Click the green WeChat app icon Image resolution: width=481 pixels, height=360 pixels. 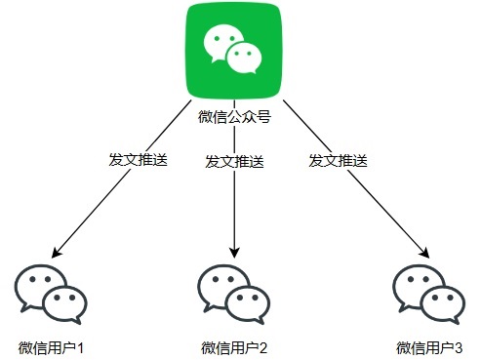pyautogui.click(x=234, y=51)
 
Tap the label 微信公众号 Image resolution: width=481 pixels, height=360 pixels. pyautogui.click(x=234, y=117)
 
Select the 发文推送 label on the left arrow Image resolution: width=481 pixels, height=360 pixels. pyautogui.click(x=139, y=160)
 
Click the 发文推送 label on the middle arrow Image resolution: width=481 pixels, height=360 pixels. pyautogui.click(x=234, y=162)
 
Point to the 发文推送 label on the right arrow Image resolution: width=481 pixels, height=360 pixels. pyautogui.click(x=339, y=161)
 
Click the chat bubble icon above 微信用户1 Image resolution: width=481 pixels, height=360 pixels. pyautogui.click(x=51, y=295)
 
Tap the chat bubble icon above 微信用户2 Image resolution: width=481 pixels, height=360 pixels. pyautogui.click(x=234, y=295)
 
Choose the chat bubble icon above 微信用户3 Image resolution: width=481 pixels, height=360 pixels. pyautogui.click(x=429, y=295)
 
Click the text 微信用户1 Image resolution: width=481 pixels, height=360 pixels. pyautogui.click(x=51, y=348)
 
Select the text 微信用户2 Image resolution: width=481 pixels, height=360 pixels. pyautogui.click(x=234, y=348)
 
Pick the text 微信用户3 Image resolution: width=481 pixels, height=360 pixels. pyautogui.click(x=429, y=348)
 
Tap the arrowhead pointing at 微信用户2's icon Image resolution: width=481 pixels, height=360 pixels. pyautogui.click(x=234, y=253)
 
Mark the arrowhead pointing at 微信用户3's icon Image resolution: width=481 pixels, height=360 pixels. pyautogui.click(x=425, y=254)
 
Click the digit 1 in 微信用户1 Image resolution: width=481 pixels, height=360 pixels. pyautogui.click(x=80, y=348)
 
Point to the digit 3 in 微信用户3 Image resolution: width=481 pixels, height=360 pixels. pyautogui.click(x=459, y=348)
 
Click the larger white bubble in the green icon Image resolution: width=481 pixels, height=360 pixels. pyautogui.click(x=221, y=41)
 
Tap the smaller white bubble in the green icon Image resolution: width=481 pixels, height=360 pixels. pyautogui.click(x=244, y=58)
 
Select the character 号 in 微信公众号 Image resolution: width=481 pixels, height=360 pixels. pyautogui.click(x=263, y=117)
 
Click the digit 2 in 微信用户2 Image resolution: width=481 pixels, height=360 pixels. pyautogui.click(x=263, y=348)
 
